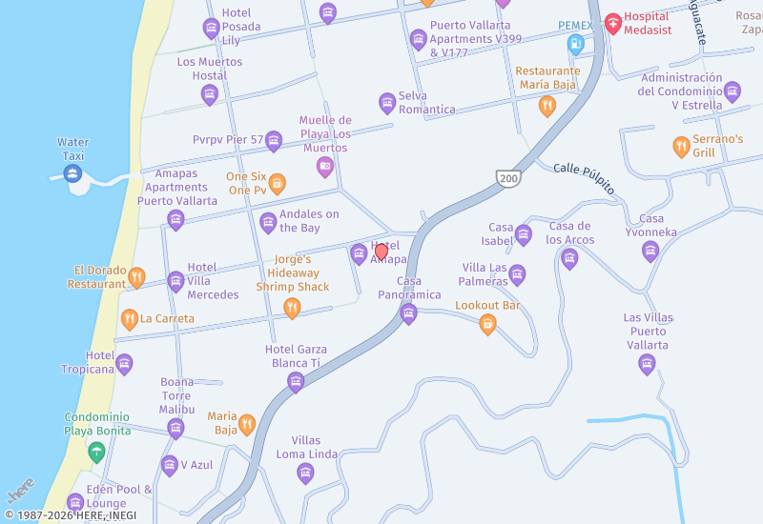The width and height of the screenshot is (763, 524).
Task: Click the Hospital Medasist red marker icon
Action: point(613,23)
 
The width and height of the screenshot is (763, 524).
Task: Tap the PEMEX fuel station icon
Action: point(575,44)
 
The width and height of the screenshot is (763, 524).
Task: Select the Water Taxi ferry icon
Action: point(72,173)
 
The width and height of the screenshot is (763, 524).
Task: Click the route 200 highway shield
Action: point(507,177)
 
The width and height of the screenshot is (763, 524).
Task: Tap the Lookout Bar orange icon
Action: point(487,324)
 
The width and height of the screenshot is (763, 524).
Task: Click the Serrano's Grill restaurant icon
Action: point(681,146)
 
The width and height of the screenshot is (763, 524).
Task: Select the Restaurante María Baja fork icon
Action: point(547,106)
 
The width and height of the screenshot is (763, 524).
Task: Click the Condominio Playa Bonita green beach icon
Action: point(96,452)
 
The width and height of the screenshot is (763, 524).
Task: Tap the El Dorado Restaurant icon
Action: point(136,277)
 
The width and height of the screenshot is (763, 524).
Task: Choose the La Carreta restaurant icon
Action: point(129,319)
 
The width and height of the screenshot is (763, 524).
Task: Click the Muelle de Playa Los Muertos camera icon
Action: point(325,167)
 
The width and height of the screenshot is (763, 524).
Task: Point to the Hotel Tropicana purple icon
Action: point(124,364)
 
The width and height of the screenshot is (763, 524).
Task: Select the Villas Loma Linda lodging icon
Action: point(306,474)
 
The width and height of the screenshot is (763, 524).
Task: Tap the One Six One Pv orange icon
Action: point(277,183)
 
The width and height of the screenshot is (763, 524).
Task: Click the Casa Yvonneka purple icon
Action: point(650,252)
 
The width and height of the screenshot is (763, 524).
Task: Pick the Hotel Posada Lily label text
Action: point(240,27)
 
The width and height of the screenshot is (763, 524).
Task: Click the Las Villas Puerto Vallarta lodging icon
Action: point(648,364)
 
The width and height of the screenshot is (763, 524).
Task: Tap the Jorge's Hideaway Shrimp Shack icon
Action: point(293,307)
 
